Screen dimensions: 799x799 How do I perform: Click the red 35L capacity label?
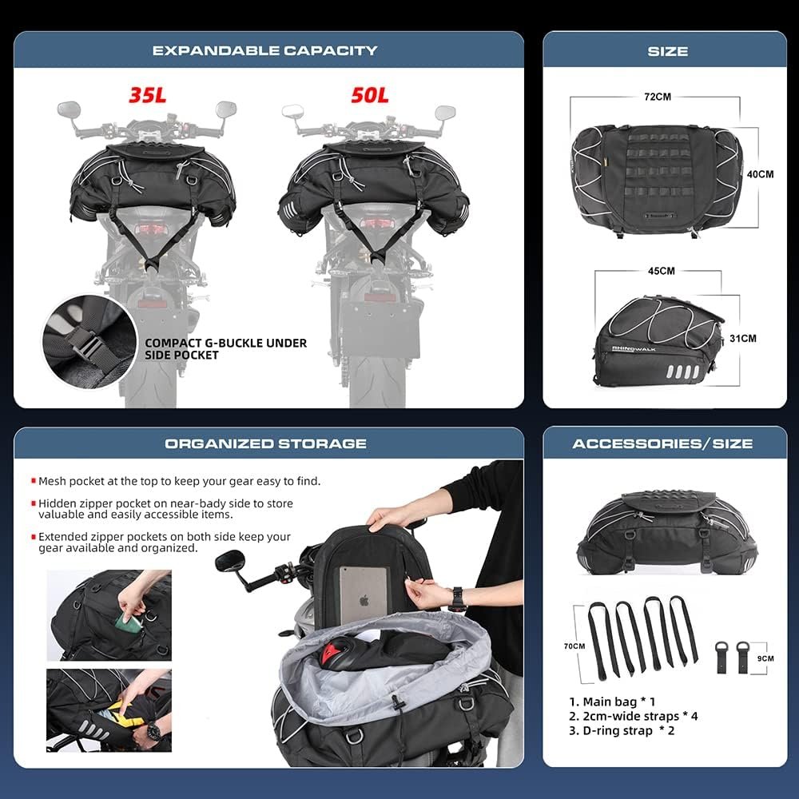(x=147, y=94)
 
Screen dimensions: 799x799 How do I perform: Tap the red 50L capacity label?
(x=369, y=94)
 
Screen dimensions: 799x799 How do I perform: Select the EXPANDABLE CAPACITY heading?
(x=264, y=50)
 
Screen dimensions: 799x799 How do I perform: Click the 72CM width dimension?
(x=657, y=96)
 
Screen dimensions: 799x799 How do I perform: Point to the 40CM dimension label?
(x=761, y=173)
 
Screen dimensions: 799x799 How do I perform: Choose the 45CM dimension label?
(x=661, y=271)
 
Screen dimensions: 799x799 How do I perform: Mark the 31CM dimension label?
(x=742, y=338)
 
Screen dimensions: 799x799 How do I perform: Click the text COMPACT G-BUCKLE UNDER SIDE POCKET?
(x=225, y=348)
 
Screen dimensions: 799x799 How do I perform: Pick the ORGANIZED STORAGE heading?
(x=265, y=443)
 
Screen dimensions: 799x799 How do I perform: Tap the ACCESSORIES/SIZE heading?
(x=662, y=443)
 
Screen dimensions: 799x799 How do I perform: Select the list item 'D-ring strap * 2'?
(x=622, y=730)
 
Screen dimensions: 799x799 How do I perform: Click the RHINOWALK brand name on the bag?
(x=632, y=348)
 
